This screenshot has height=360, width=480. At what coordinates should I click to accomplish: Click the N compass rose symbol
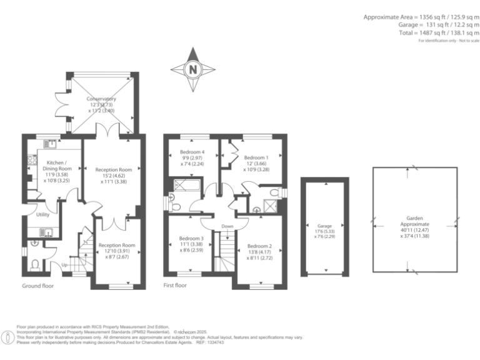tap(193, 69)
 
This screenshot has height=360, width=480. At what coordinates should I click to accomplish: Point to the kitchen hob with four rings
tap(30, 164)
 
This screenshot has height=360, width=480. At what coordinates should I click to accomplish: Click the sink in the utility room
tap(46, 233)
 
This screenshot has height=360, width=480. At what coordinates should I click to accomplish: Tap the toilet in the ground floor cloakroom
tap(36, 263)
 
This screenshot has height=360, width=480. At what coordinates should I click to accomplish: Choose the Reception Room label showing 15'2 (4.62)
tap(114, 176)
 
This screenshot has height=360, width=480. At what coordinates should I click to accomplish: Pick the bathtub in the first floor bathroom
tap(186, 184)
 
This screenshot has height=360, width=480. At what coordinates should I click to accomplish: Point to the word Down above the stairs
tap(227, 226)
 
